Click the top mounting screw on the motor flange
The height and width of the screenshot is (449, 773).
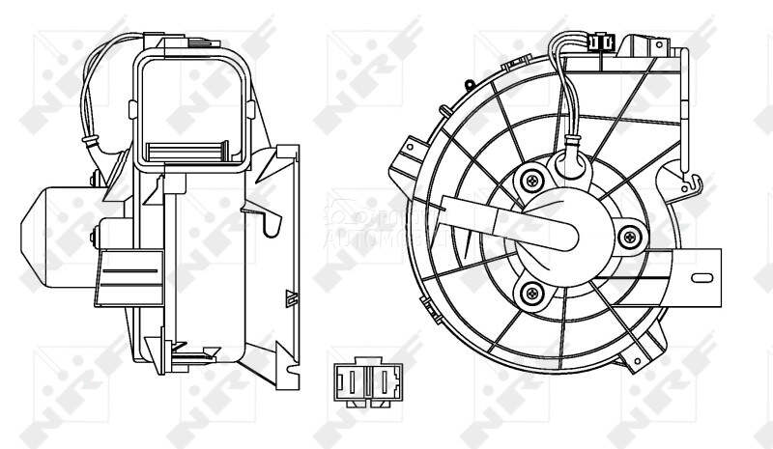tap(531, 180)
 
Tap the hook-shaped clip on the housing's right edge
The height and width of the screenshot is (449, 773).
tap(689, 178)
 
